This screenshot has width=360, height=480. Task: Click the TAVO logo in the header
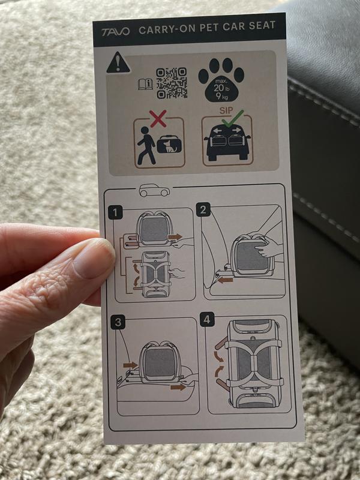115,32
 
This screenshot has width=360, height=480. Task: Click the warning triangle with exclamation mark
118,63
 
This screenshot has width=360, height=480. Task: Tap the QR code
172,83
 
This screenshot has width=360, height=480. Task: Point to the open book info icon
145,84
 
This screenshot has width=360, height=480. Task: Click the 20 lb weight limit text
222,88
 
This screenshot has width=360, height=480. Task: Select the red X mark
158,118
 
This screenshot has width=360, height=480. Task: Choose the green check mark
233,119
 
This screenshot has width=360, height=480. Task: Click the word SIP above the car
226,110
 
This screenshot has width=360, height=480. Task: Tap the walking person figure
146,145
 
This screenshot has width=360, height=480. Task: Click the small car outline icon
154,190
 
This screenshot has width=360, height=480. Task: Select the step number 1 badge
115,213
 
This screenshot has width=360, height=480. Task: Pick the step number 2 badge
203,209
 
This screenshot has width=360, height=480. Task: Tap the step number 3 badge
118,322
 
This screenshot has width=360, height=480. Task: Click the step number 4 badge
207,319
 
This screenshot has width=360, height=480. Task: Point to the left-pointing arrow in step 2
226,280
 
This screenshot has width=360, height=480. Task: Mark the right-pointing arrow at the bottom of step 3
178,387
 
